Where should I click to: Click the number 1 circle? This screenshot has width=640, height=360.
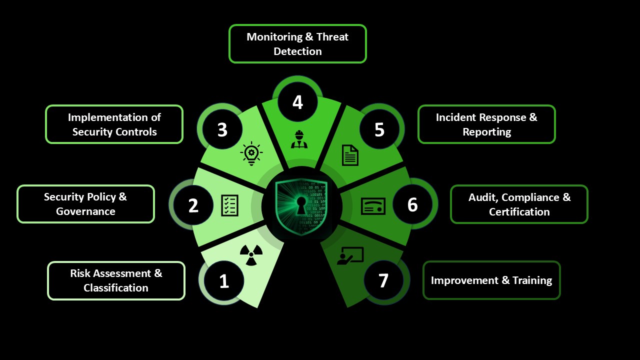224,281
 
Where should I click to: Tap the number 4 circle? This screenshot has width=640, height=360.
297,102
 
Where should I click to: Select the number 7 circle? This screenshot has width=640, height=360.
383,280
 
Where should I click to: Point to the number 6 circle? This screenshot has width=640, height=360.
412,204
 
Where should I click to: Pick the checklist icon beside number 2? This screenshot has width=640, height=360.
230,205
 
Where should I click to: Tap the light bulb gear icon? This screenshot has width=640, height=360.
251,153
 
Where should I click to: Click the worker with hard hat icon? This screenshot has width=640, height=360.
299,139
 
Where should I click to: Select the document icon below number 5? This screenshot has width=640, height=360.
350,155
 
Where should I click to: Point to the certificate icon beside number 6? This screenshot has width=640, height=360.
373,205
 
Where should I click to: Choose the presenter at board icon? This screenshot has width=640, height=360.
350,256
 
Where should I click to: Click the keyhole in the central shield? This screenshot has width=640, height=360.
301,204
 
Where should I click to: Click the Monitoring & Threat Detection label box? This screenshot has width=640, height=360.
297,44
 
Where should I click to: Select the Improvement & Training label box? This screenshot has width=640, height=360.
491,280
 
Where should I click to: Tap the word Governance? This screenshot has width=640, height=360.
85,211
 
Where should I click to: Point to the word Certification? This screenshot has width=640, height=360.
519,212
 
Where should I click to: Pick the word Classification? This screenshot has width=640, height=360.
116,288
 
